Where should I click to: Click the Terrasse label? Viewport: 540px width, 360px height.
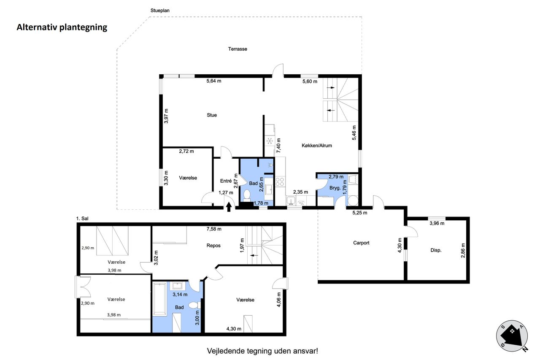click(x=238, y=49)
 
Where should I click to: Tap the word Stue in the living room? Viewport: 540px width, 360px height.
click(x=212, y=115)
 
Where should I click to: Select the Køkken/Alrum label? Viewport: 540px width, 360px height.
click(x=317, y=146)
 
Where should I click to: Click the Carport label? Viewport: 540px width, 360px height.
click(x=361, y=243)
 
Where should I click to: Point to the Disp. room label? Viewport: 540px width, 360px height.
click(x=436, y=250)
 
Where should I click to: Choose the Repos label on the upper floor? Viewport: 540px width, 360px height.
click(x=213, y=246)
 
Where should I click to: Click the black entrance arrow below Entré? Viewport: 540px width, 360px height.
click(x=229, y=207)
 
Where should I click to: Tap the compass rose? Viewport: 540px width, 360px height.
click(x=512, y=336)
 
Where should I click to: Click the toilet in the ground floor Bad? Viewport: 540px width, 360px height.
click(x=247, y=195)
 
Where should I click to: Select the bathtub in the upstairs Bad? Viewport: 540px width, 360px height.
click(x=159, y=299)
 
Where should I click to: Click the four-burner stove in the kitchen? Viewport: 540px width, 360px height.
click(x=280, y=181)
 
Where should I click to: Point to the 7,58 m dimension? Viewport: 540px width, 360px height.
click(x=214, y=229)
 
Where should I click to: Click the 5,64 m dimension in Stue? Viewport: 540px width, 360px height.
click(x=214, y=81)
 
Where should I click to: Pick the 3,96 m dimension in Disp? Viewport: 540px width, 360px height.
click(x=437, y=223)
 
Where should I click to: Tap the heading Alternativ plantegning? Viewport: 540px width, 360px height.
click(x=62, y=27)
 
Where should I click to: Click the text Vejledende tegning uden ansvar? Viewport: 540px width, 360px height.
click(x=262, y=351)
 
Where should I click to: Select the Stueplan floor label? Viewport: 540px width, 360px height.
click(x=160, y=11)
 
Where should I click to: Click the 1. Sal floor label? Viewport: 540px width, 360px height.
click(x=82, y=219)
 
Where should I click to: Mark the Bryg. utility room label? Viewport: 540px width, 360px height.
click(x=335, y=188)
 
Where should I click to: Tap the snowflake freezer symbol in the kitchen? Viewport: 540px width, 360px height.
click(x=270, y=141)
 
